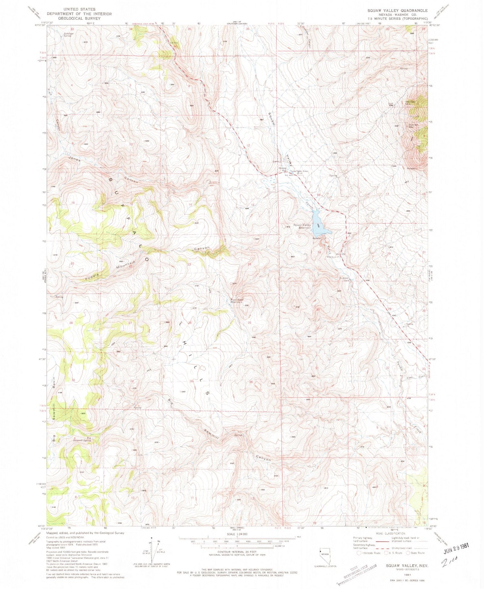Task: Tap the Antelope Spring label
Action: tap(68, 34)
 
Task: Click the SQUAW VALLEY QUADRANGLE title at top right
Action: tap(398, 11)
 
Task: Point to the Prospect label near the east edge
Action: tap(412, 168)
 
